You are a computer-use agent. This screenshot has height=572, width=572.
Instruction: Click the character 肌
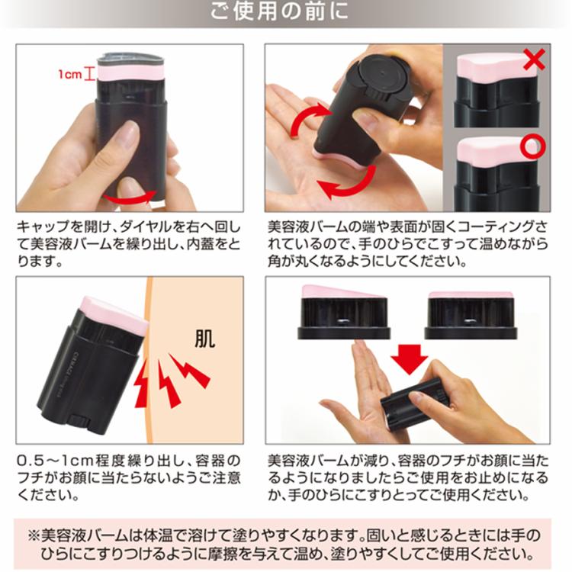204,339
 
